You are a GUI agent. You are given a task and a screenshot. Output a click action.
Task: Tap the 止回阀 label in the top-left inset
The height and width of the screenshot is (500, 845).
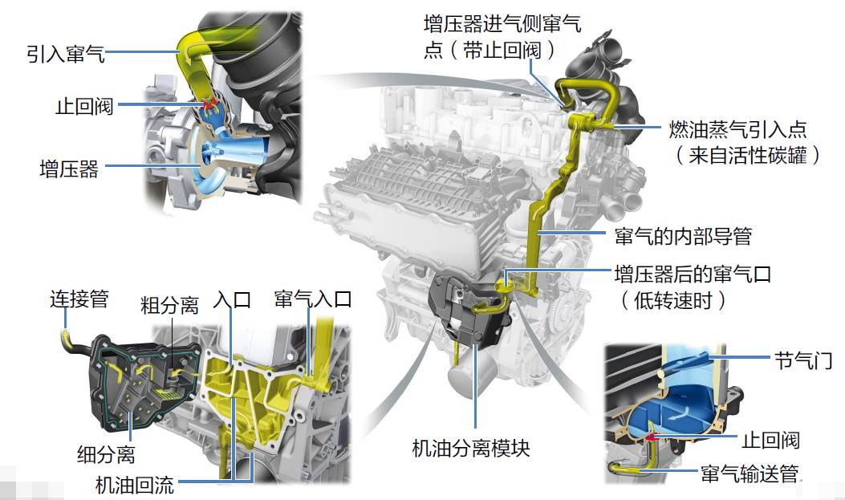tap(84, 106)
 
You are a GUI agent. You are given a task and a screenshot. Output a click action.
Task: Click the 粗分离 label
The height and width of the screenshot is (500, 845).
tap(169, 305)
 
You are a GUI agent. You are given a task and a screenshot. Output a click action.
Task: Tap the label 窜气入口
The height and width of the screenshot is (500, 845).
tap(313, 299)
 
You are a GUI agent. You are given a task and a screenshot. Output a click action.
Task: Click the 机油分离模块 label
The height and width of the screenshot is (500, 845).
tap(471, 447)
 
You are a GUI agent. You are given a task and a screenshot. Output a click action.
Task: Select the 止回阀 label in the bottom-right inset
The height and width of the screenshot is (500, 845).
tap(771, 440)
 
